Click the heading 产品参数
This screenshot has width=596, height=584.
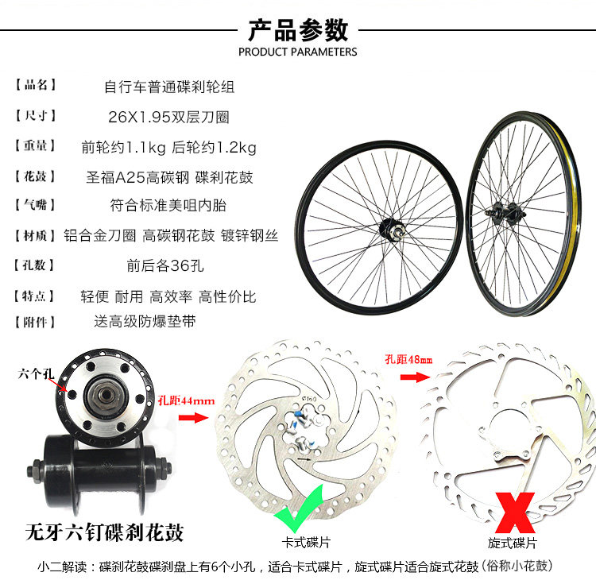(298, 29)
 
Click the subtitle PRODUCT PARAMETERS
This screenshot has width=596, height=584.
(298, 52)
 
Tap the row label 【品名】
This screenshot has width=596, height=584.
(36, 86)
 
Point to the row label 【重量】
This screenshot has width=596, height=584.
(36, 146)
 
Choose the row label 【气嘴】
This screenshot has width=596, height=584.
(36, 206)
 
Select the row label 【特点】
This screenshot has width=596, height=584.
(36, 296)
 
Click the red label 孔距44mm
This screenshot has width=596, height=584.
(186, 401)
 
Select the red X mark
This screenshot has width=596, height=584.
(513, 512)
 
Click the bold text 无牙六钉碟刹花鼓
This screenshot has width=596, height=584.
(104, 532)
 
